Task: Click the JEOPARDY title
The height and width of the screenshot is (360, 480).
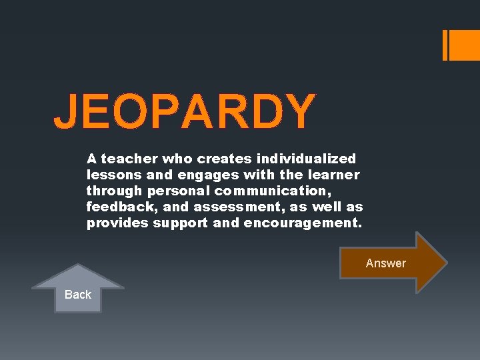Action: tap(184, 111)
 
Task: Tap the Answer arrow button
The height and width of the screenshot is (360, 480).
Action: tap(387, 263)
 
